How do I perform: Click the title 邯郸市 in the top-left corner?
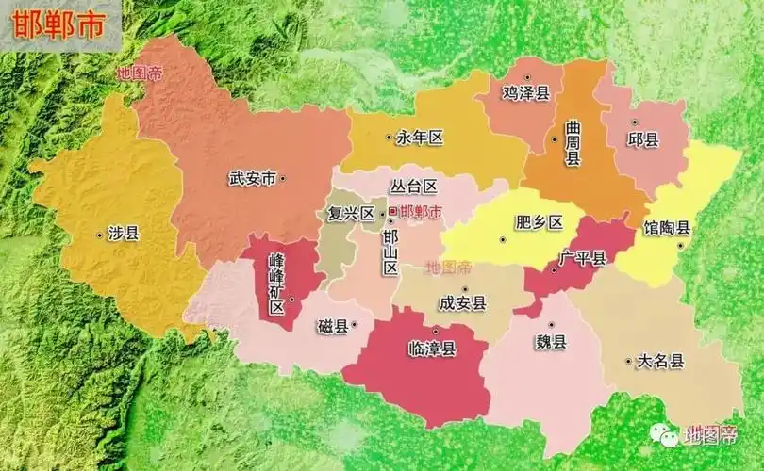[58, 25]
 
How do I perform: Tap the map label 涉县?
[123, 234]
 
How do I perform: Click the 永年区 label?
[419, 138]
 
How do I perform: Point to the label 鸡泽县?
[526, 92]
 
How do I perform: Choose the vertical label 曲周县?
[572, 142]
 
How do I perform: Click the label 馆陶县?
[668, 228]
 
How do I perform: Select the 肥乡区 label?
[539, 223]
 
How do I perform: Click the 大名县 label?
[660, 361]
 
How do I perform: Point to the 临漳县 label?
[432, 349]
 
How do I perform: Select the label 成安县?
[462, 303]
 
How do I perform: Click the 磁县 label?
[332, 327]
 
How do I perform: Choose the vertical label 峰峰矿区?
[276, 282]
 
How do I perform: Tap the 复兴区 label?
[350, 213]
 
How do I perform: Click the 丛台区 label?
[415, 187]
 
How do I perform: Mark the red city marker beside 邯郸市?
[392, 212]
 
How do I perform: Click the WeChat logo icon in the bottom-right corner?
[668, 436]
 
